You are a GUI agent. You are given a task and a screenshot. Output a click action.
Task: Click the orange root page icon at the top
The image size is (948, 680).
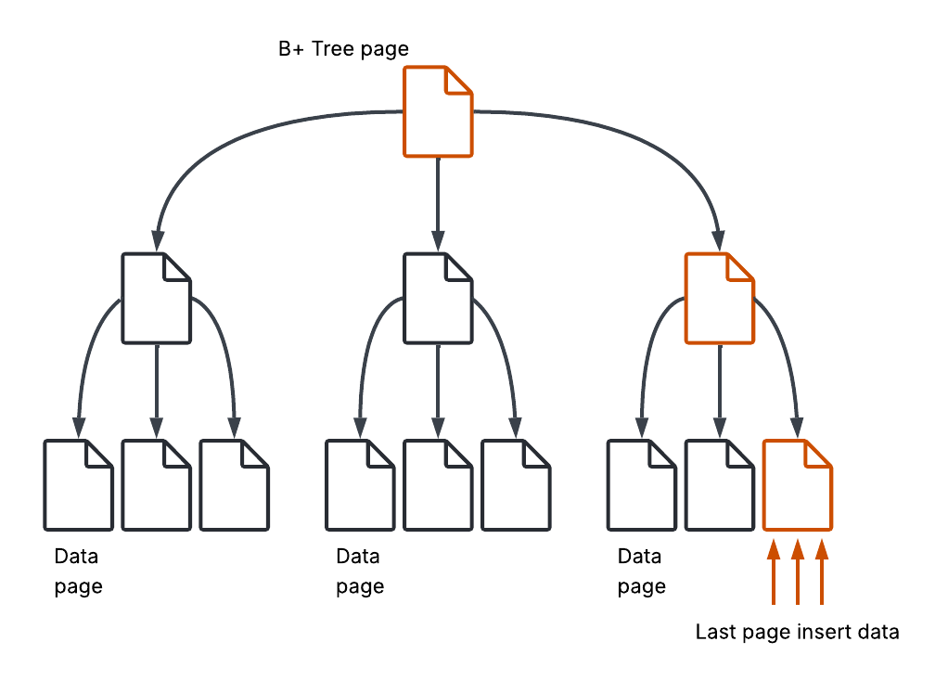point(438,111)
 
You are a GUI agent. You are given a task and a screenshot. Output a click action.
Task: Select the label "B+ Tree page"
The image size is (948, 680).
point(343,49)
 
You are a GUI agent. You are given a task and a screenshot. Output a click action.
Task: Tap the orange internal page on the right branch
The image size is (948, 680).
point(719,298)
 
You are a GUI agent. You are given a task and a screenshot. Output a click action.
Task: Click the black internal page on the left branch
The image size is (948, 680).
point(157,298)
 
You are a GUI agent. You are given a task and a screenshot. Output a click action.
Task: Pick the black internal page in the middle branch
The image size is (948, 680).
point(438,298)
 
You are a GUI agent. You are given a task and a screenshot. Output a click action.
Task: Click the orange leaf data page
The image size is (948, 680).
point(797,484)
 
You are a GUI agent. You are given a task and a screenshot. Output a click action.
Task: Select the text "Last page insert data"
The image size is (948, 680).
point(797,633)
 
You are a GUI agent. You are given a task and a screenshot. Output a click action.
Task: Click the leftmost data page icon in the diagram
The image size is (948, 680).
point(79,484)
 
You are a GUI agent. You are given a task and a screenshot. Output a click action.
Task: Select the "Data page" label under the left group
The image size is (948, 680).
point(78,571)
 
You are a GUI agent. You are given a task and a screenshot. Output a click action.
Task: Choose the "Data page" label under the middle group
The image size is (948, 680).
point(359,571)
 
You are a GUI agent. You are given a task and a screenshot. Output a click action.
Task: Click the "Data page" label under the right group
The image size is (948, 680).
point(641,571)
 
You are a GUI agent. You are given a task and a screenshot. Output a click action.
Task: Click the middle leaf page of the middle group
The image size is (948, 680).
point(438,484)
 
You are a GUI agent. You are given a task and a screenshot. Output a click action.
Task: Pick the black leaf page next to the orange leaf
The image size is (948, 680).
point(719,484)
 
